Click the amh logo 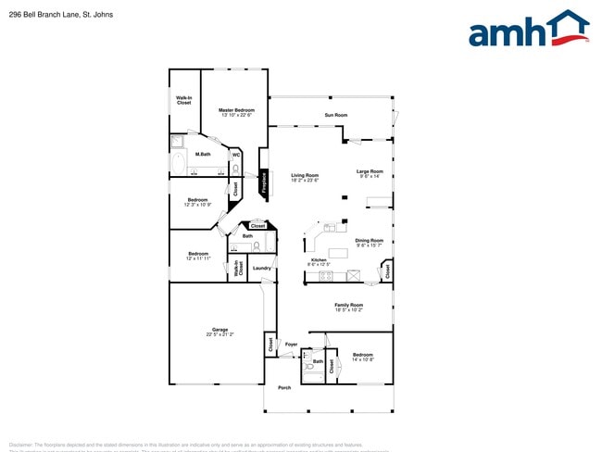[529, 29]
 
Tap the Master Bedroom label [236, 110]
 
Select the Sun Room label [335, 116]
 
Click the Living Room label [305, 175]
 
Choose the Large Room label [370, 171]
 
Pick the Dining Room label [369, 241]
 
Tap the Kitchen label [318, 260]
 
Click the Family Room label [348, 305]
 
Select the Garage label [219, 330]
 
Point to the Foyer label [291, 345]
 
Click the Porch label [284, 387]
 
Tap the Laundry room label [261, 269]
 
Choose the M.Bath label [203, 154]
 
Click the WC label [236, 155]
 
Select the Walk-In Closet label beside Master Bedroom [184, 100]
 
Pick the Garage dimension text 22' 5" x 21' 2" [219, 334]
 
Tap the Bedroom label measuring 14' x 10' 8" [362, 355]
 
